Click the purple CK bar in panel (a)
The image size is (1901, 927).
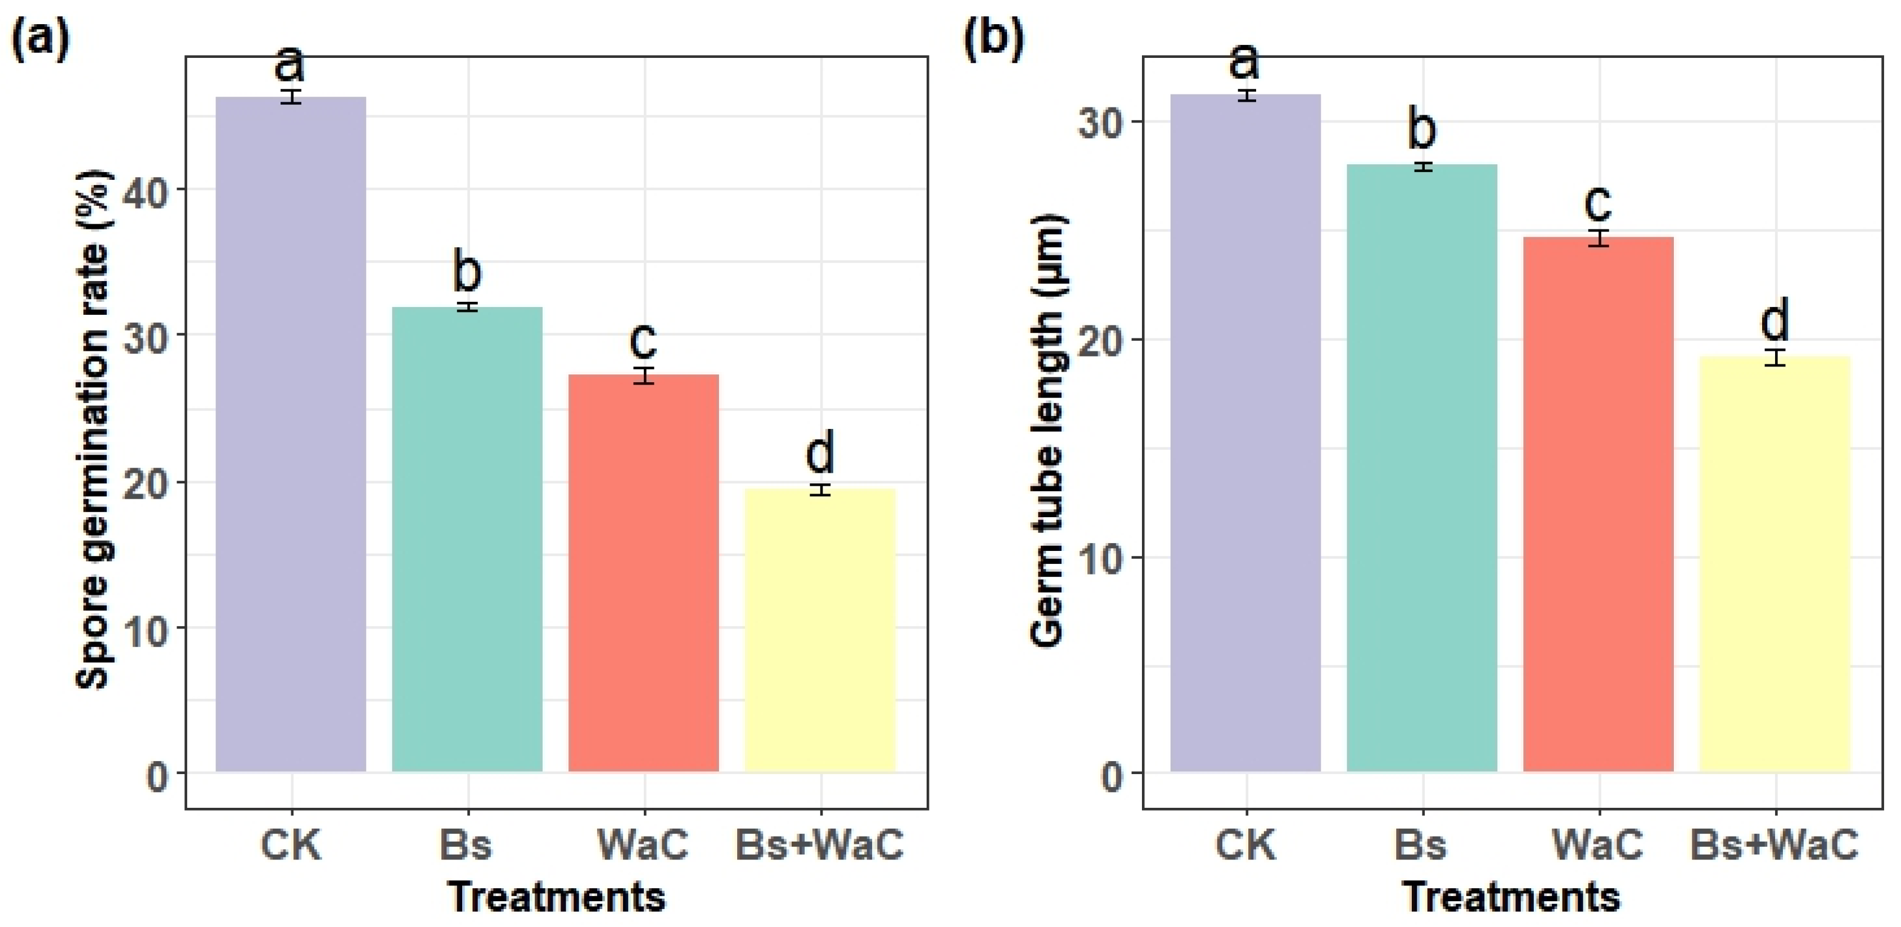click(x=291, y=434)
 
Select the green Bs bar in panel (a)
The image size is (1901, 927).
click(x=467, y=540)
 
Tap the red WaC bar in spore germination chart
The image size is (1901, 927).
click(x=643, y=573)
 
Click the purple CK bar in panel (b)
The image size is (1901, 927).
click(x=1246, y=433)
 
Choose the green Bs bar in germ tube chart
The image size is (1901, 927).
click(x=1422, y=468)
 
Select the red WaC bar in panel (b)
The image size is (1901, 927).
click(x=1599, y=505)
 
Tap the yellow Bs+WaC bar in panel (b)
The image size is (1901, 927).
click(x=1775, y=564)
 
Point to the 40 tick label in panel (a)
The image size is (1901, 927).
click(x=149, y=189)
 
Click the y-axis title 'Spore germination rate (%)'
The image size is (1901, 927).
click(x=94, y=429)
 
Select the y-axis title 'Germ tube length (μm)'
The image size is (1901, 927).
click(x=1049, y=431)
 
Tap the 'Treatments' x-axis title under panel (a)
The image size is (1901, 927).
click(x=557, y=897)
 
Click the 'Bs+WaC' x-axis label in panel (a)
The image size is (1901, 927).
click(x=820, y=845)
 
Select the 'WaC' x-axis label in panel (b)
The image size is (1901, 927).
click(x=1599, y=845)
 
